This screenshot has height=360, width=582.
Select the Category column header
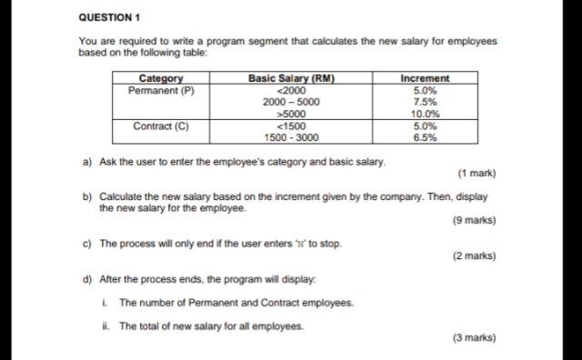coord(161,79)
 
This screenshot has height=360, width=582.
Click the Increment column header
coord(425,79)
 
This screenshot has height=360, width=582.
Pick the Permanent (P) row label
coord(161,91)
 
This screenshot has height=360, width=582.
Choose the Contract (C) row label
coord(161,126)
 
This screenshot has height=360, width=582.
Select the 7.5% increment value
coord(425,103)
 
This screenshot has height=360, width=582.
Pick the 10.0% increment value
coord(425,115)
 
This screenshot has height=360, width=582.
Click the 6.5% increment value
coord(425,138)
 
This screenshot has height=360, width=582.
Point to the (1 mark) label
coord(477,173)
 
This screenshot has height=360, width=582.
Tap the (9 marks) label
coord(474,220)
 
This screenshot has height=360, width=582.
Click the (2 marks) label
coord(474,255)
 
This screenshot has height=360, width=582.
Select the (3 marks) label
coord(474,338)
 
